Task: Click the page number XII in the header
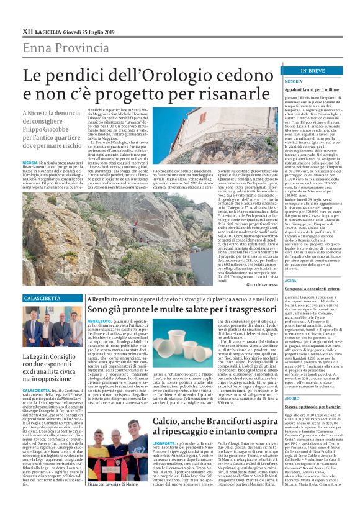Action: (27, 30)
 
